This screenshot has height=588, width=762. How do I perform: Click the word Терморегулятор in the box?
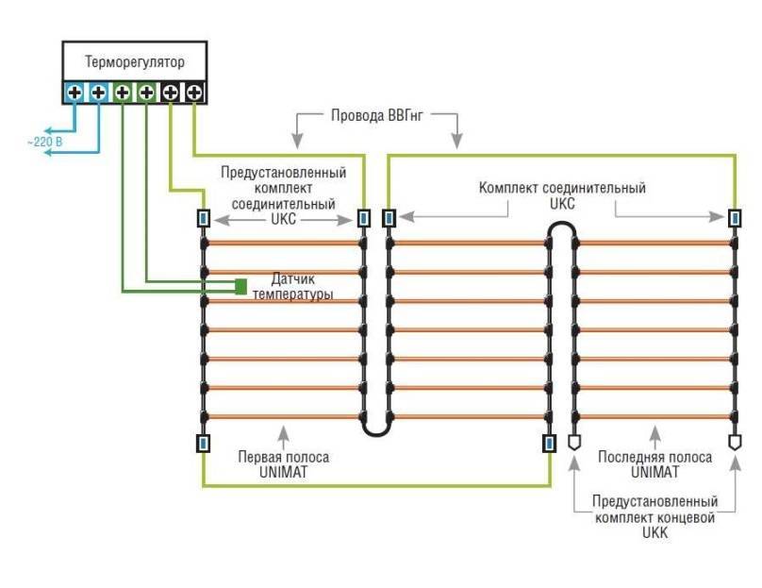point(135,62)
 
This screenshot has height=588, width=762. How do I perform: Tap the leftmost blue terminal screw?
point(75,92)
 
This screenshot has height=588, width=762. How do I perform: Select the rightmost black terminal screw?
point(194,92)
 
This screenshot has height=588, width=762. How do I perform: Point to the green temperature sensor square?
point(241,285)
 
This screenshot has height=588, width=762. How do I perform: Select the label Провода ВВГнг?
point(376,117)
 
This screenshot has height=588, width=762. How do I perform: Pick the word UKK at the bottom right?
point(655,533)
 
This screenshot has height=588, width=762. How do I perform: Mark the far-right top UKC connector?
point(735,219)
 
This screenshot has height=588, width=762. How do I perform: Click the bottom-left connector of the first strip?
point(203,442)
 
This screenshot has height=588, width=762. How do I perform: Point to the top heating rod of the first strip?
point(283,243)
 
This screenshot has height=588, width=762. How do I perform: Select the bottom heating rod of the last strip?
point(655,416)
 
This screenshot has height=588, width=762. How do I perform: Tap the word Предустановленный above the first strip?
point(283,173)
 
